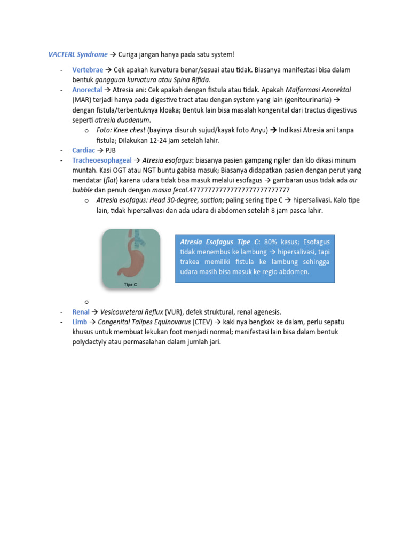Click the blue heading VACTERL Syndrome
click(78, 54)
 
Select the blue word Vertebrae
click(88, 70)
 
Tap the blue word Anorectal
click(87, 90)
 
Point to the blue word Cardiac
click(84, 150)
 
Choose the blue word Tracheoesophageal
click(102, 160)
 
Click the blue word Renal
click(81, 311)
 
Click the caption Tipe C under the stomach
click(131, 285)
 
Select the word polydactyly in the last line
click(91, 342)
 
